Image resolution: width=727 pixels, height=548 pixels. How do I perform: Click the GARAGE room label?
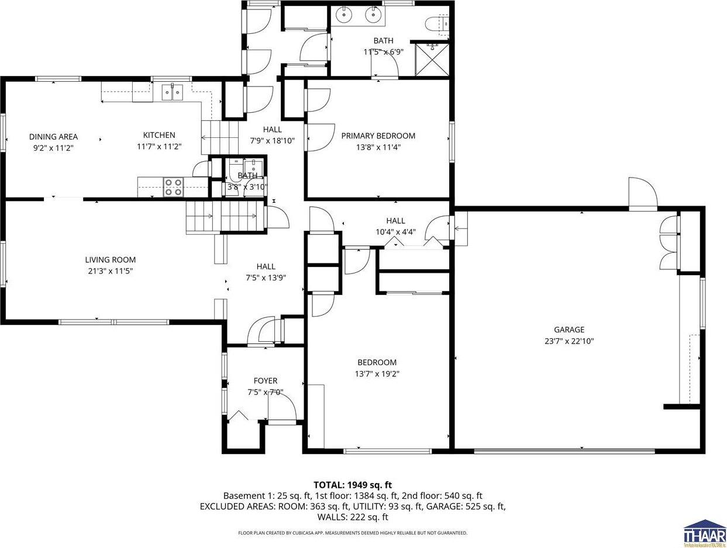[x=569, y=330]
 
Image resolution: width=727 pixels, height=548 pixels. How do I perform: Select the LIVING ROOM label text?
[x=111, y=260]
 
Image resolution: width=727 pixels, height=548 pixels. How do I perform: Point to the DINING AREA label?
[x=53, y=137]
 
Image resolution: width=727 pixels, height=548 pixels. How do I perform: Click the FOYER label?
[x=265, y=381]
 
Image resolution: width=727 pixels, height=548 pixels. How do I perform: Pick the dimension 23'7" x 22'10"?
[x=569, y=341]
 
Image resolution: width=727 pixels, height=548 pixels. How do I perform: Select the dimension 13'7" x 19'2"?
[x=377, y=374]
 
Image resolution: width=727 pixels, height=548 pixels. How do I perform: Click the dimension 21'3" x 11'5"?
[x=111, y=271]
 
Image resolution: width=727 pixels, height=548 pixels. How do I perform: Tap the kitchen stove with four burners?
[x=173, y=187]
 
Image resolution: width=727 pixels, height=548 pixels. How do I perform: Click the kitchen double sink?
[x=173, y=92]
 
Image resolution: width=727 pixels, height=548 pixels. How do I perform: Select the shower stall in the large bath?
[x=432, y=60]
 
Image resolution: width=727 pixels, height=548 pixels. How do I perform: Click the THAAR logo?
[x=704, y=533]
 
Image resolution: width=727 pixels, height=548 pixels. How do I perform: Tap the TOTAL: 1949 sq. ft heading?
[x=353, y=484]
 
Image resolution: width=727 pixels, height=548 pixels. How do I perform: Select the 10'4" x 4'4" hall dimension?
[x=395, y=232]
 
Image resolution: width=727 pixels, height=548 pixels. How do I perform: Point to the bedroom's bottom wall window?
[x=387, y=450]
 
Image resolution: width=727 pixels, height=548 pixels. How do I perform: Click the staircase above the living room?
[x=222, y=216]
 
